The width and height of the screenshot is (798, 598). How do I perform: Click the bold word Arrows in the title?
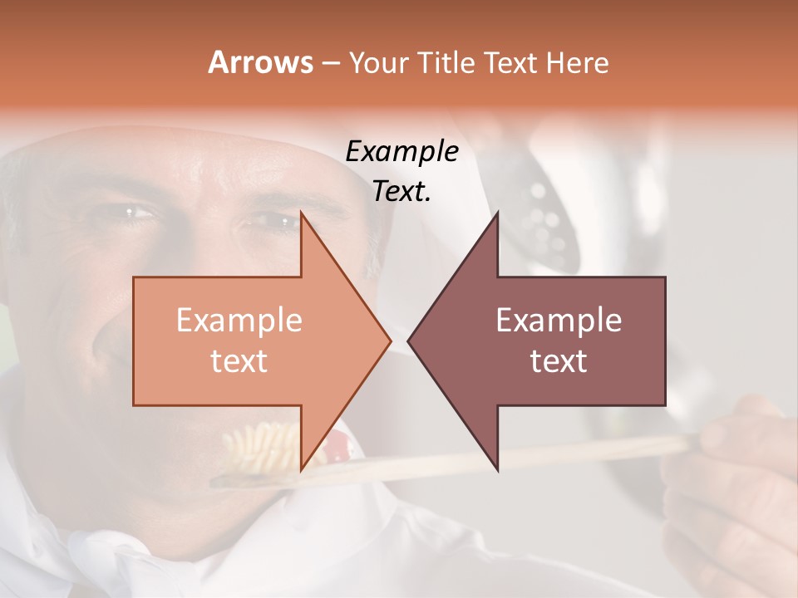(260, 62)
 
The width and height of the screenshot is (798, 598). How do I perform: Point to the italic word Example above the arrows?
(402, 151)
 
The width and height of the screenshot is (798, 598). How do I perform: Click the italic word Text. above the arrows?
(402, 191)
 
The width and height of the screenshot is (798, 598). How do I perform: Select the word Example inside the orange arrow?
(239, 321)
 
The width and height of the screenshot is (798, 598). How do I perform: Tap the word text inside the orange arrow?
(239, 360)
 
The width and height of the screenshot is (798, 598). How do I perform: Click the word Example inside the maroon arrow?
(559, 321)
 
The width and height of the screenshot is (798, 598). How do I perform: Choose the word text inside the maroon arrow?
(559, 360)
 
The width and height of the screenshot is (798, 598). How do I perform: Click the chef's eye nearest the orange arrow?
(270, 223)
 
